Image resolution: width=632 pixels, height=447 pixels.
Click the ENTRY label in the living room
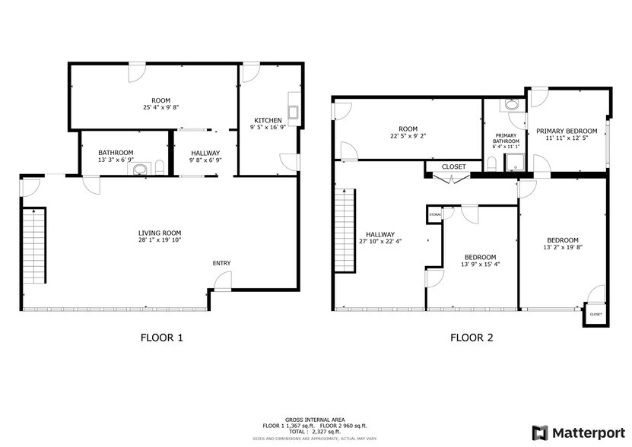(x=221, y=263)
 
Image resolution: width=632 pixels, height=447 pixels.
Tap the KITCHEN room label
(x=268, y=120)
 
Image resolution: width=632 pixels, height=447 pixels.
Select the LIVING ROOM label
(x=159, y=233)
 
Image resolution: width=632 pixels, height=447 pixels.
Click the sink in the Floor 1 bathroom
(x=139, y=170)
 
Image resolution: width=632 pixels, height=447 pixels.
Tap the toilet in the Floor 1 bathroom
(x=159, y=167)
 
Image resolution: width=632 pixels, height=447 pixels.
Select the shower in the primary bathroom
(x=516, y=161)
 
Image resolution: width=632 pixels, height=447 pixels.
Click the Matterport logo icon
(x=539, y=432)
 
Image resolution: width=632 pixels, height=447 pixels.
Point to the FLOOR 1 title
(x=161, y=338)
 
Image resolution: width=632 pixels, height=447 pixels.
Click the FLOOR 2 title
(x=472, y=338)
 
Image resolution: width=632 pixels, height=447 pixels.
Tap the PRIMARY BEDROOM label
(x=567, y=131)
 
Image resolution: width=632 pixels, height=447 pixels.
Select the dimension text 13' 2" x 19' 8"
(x=563, y=247)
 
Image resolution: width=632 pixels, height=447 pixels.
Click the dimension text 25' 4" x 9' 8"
(x=160, y=107)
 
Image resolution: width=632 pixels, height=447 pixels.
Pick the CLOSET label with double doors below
(x=454, y=166)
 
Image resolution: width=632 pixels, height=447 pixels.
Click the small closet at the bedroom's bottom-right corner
(x=595, y=314)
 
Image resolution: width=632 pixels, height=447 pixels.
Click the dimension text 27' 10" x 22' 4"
(x=380, y=242)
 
